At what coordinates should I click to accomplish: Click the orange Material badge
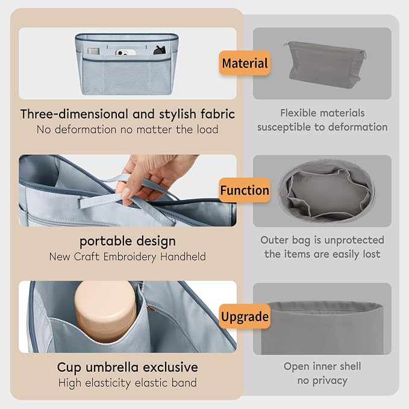245,63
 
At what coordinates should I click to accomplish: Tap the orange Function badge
245,190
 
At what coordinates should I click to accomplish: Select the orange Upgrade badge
245,316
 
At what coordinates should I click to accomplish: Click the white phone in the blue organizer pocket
125,52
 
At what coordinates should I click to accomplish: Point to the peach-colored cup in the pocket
105,310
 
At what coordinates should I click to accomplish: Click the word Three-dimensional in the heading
74,114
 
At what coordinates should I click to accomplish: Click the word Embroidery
130,257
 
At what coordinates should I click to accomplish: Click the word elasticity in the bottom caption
108,383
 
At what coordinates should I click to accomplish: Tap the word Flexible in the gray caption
298,113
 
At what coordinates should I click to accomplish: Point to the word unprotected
354,240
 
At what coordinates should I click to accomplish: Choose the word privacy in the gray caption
330,381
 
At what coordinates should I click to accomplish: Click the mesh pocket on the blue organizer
126,77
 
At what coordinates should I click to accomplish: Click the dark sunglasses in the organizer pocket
160,51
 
